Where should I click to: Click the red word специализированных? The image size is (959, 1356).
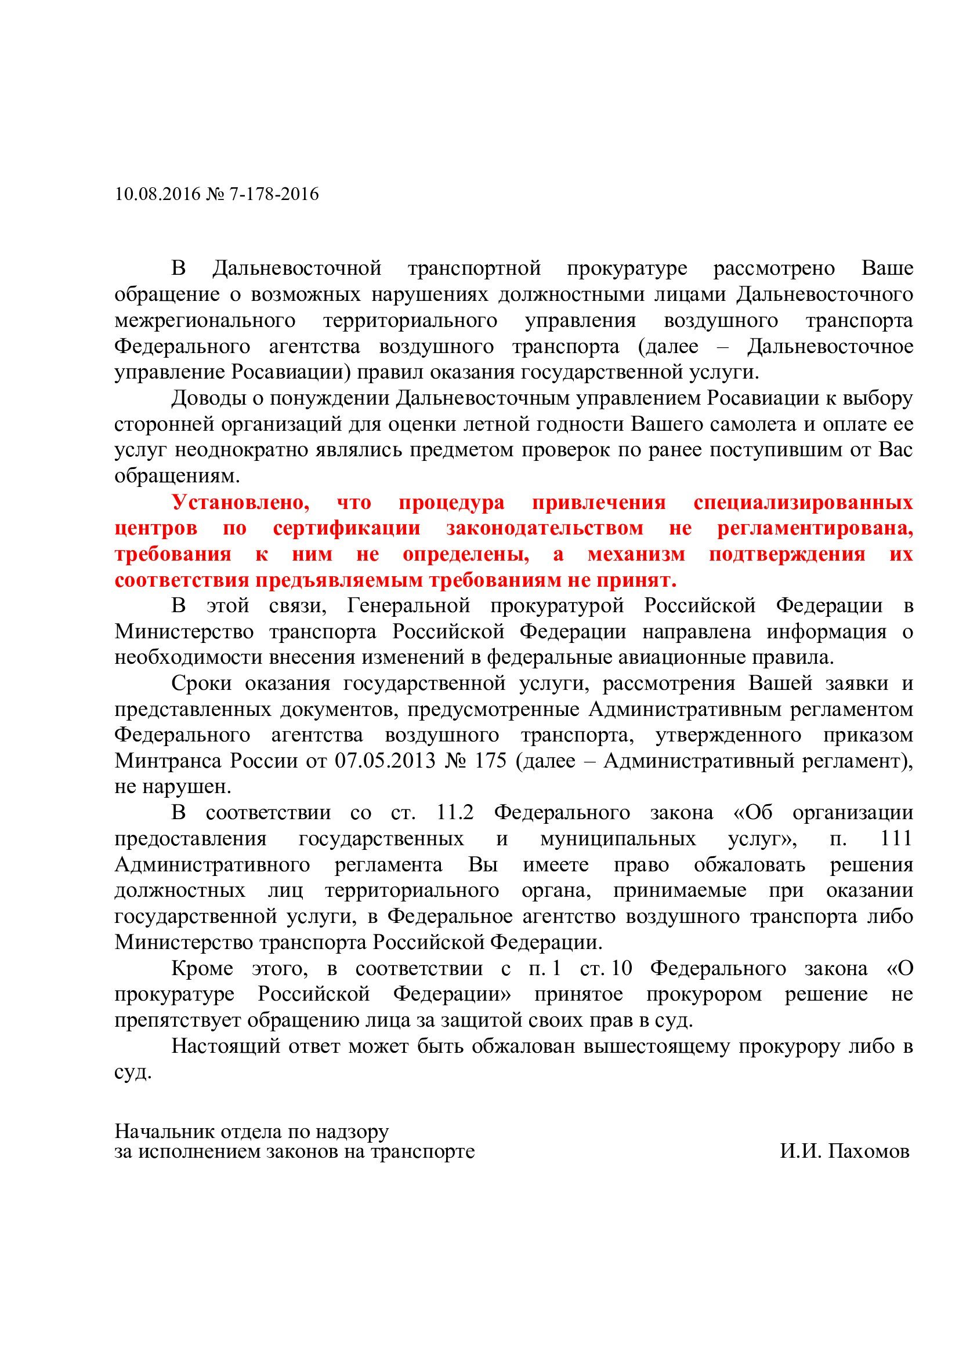click(x=803, y=503)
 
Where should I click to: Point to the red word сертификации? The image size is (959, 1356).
click(x=346, y=528)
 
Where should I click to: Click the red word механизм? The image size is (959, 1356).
click(x=636, y=554)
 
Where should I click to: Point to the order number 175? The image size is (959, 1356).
click(x=490, y=761)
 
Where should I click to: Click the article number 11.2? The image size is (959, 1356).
click(x=455, y=813)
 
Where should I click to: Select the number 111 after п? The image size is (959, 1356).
click(x=896, y=839)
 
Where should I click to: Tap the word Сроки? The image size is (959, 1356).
click(x=200, y=684)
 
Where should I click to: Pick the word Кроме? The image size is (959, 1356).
click(x=202, y=969)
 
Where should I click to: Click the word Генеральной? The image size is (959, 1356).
click(x=408, y=605)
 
